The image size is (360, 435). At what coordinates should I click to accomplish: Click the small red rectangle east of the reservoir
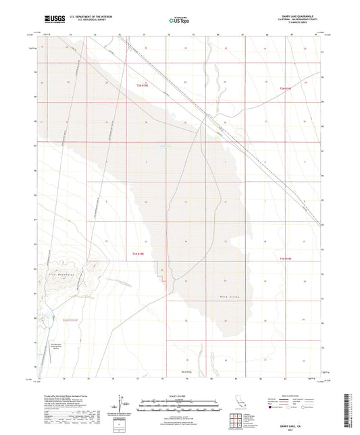[x=70, y=319]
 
